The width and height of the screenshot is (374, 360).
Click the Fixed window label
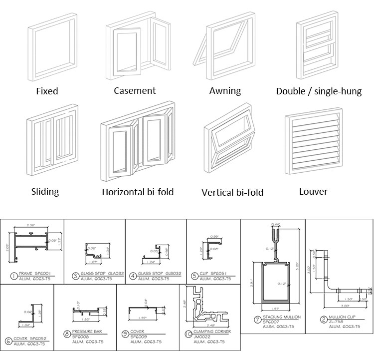[x=47, y=91]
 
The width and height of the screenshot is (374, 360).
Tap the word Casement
[x=135, y=90]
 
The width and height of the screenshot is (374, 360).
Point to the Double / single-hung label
[x=319, y=91]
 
